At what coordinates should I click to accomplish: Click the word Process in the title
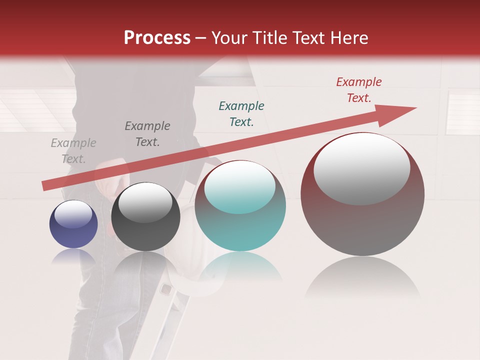[157, 38]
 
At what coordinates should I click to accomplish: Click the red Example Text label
[358, 90]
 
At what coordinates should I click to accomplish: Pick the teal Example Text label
[241, 114]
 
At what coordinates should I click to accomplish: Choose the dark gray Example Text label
[147, 134]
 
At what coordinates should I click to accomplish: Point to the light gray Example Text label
[73, 151]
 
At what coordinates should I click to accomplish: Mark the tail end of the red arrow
[45, 185]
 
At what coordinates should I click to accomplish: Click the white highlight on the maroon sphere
[362, 167]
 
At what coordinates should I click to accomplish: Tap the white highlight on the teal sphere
[240, 186]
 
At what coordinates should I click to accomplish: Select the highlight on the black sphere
[145, 201]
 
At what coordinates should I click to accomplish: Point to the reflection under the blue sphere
[73, 256]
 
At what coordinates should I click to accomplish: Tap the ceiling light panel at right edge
[462, 112]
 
